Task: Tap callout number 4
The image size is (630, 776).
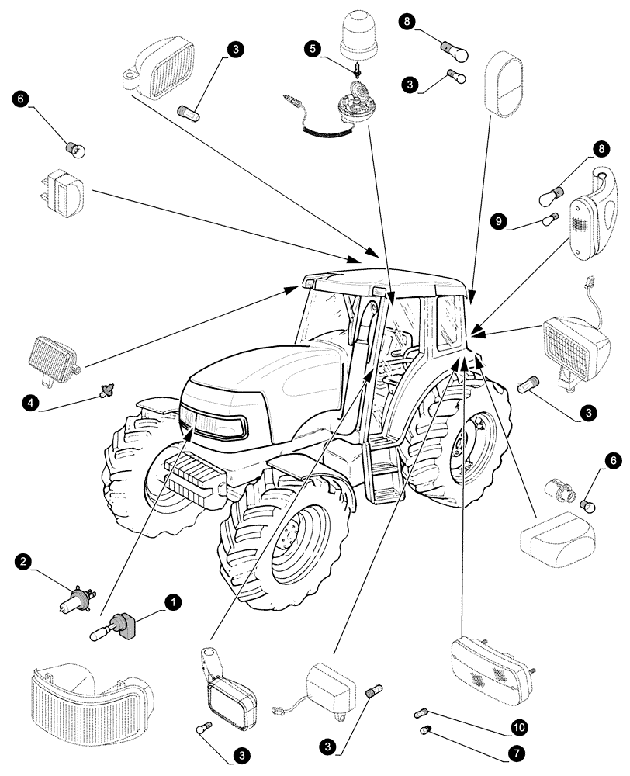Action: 29,403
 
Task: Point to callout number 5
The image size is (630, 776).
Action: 313,48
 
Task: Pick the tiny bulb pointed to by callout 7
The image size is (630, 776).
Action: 425,729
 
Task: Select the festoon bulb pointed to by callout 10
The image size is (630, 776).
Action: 424,710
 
